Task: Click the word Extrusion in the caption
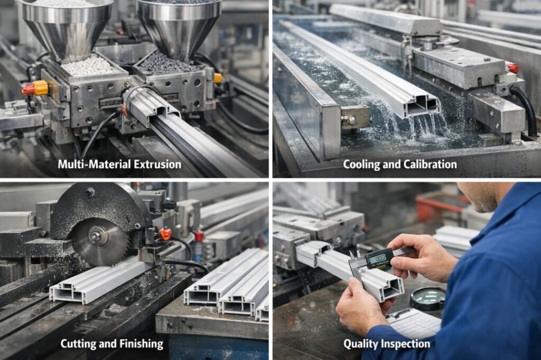click(x=157, y=164)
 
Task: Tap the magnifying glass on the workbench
click(x=428, y=298)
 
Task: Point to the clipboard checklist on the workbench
click(x=414, y=323)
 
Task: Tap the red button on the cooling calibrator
click(x=513, y=68)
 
